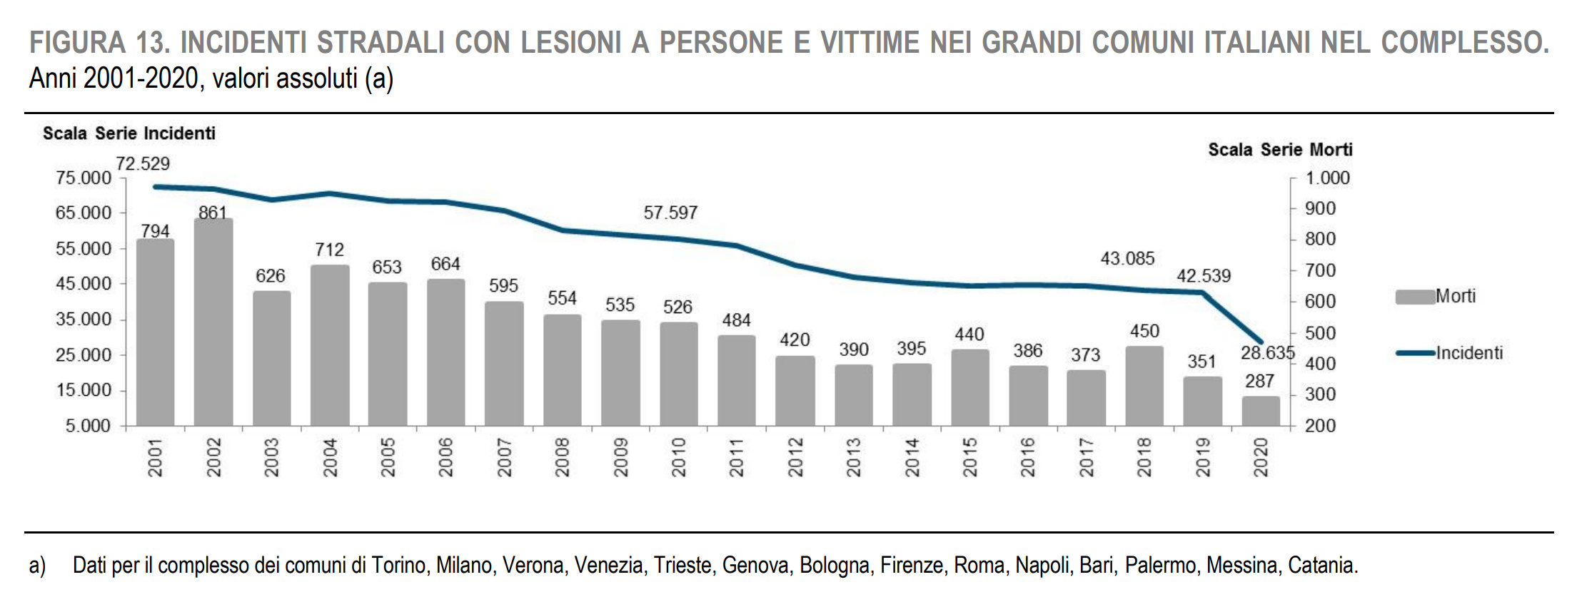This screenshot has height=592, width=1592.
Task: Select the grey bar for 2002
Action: pyautogui.click(x=213, y=322)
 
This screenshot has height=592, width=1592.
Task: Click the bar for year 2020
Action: pyautogui.click(x=1261, y=412)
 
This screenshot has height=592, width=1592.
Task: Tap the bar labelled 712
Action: pyautogui.click(x=330, y=346)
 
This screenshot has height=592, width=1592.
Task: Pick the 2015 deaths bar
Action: pyautogui.click(x=969, y=388)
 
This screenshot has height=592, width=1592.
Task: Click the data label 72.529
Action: pyautogui.click(x=143, y=164)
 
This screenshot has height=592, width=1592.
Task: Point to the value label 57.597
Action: pyautogui.click(x=670, y=213)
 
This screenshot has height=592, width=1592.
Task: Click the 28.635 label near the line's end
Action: pyautogui.click(x=1267, y=353)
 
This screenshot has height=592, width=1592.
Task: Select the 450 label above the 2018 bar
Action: pyautogui.click(x=1144, y=331)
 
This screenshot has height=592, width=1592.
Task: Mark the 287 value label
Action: pyautogui.click(x=1260, y=382)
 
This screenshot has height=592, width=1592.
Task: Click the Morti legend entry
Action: pyautogui.click(x=1454, y=296)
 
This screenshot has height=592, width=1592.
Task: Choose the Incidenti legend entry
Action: pyautogui.click(x=1468, y=352)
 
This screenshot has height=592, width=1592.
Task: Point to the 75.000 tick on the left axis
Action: pyautogui.click(x=84, y=178)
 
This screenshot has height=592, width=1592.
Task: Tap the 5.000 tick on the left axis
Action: pyautogui.click(x=89, y=426)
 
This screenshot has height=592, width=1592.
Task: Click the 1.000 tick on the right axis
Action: pyautogui.click(x=1327, y=178)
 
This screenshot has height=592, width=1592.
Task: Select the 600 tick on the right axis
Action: pyautogui.click(x=1320, y=301)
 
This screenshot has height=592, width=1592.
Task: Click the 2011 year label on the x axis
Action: pyautogui.click(x=737, y=457)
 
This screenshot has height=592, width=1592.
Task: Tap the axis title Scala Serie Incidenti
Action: pyautogui.click(x=129, y=133)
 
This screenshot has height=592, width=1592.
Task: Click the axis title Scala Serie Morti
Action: pyautogui.click(x=1280, y=150)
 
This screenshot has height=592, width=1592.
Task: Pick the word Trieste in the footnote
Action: pyautogui.click(x=682, y=566)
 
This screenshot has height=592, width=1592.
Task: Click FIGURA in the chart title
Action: pyautogui.click(x=78, y=43)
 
